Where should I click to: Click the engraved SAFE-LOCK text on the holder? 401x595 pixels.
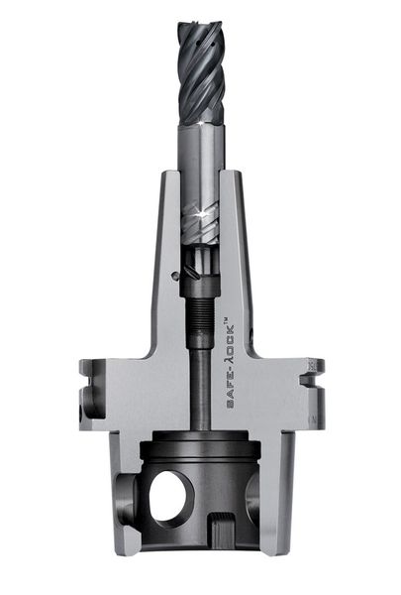(230, 366)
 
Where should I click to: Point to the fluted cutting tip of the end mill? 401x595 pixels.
(201, 73)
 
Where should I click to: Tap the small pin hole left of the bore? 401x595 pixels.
(174, 275)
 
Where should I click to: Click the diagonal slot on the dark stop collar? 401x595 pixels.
(191, 272)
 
